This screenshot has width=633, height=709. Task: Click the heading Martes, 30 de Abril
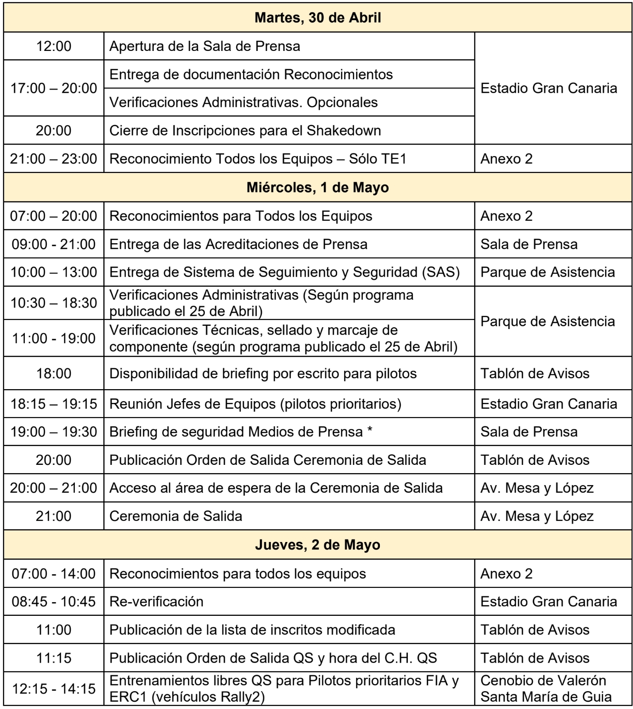tap(317, 18)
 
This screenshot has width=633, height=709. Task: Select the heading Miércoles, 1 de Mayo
tap(317, 188)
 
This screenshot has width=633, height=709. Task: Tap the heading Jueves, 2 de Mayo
tap(317, 545)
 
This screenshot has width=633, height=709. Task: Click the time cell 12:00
tap(54, 46)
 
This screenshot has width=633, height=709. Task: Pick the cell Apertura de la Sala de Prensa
tap(205, 46)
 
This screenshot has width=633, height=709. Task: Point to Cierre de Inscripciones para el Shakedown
tap(245, 131)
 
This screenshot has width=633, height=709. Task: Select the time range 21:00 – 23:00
tap(54, 159)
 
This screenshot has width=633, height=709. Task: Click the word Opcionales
tap(342, 102)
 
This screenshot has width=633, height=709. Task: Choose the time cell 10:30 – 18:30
tap(54, 303)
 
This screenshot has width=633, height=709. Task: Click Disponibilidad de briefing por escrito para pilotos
tap(263, 374)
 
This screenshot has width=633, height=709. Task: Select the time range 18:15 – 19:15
tap(54, 404)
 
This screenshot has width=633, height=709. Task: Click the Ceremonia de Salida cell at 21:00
tap(175, 516)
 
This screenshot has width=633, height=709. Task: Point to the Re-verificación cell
tap(156, 602)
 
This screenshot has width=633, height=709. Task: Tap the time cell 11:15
tap(54, 658)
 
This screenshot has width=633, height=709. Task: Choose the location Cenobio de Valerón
tap(543, 681)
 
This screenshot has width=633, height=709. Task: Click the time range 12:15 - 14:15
tap(54, 689)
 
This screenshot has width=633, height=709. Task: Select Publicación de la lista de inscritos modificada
tap(252, 630)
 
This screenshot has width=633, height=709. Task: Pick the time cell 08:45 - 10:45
tap(54, 602)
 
